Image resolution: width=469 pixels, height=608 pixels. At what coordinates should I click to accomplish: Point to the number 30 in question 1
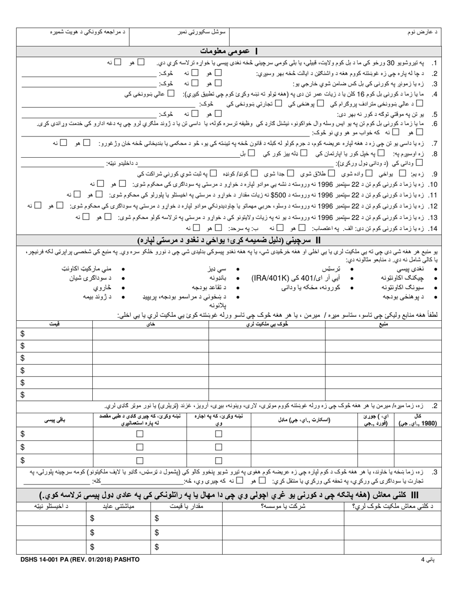pos(380,63)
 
